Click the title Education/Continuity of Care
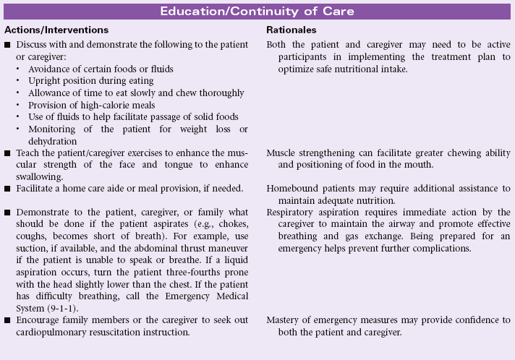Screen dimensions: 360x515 (257, 12)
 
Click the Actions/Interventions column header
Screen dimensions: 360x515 (56, 30)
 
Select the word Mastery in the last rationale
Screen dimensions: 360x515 (285, 320)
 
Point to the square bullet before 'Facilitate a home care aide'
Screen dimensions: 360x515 (7, 189)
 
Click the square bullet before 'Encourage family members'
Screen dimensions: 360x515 (7, 320)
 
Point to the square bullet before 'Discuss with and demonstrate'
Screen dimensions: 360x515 (7, 45)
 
